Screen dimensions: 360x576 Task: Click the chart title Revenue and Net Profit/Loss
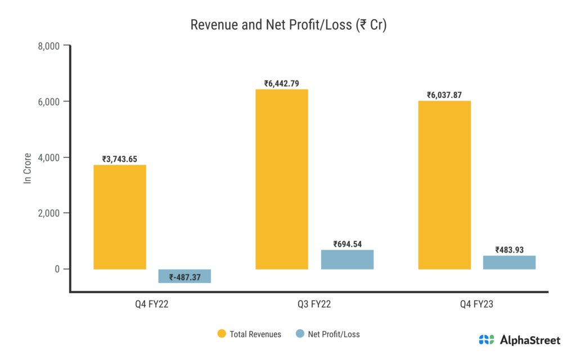click(x=288, y=25)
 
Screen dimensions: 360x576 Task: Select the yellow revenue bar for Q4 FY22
click(x=120, y=217)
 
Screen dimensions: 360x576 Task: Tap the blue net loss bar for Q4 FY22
click(x=184, y=276)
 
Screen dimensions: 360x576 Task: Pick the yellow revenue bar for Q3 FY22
click(x=282, y=179)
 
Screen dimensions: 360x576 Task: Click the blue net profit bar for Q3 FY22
click(x=347, y=259)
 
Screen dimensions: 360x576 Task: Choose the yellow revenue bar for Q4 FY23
click(x=444, y=184)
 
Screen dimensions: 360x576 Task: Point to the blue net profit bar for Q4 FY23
click(x=509, y=262)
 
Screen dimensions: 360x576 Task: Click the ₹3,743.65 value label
click(x=120, y=159)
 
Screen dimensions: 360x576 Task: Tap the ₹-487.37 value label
click(x=184, y=277)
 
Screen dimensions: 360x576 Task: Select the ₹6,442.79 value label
click(x=282, y=84)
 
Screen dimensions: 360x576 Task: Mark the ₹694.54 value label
click(x=347, y=244)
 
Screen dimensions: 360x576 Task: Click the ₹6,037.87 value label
click(x=444, y=95)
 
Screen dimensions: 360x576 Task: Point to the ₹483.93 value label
click(x=509, y=250)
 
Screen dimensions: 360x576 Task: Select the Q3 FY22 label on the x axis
click(x=314, y=304)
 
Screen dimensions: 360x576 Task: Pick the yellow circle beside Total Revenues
click(x=222, y=334)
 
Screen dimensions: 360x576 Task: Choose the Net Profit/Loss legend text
click(x=334, y=334)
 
